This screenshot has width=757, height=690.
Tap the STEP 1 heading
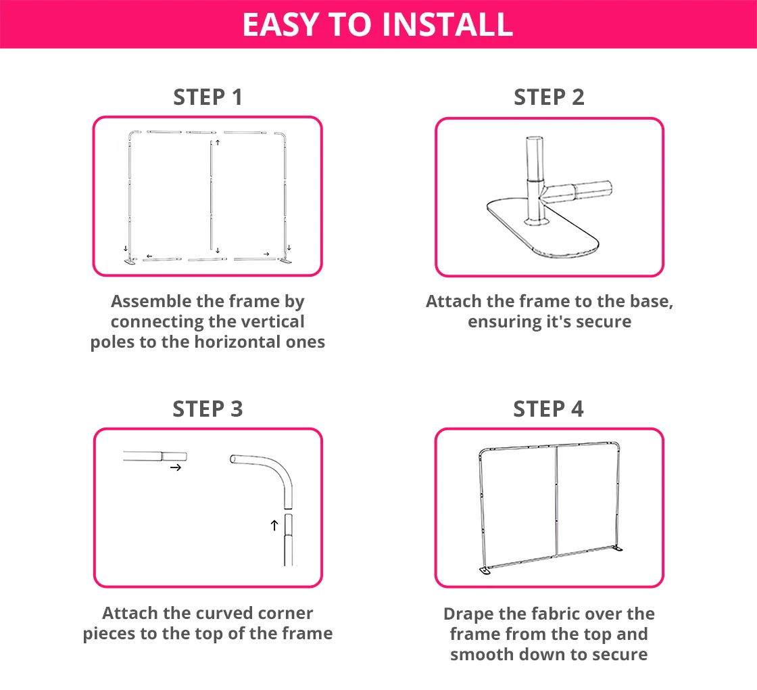[x=207, y=97]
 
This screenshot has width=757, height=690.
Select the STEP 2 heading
[x=549, y=97]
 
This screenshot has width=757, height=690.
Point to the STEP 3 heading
[x=207, y=409]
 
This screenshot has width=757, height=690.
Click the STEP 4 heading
[x=548, y=409]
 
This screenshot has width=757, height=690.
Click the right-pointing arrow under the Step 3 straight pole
[x=176, y=467]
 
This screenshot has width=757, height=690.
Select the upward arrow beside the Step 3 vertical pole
[x=274, y=525]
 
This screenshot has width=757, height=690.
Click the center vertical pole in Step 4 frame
[x=556, y=501]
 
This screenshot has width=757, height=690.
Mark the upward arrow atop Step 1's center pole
[x=218, y=143]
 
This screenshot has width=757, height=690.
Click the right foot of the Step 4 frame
[x=617, y=549]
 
